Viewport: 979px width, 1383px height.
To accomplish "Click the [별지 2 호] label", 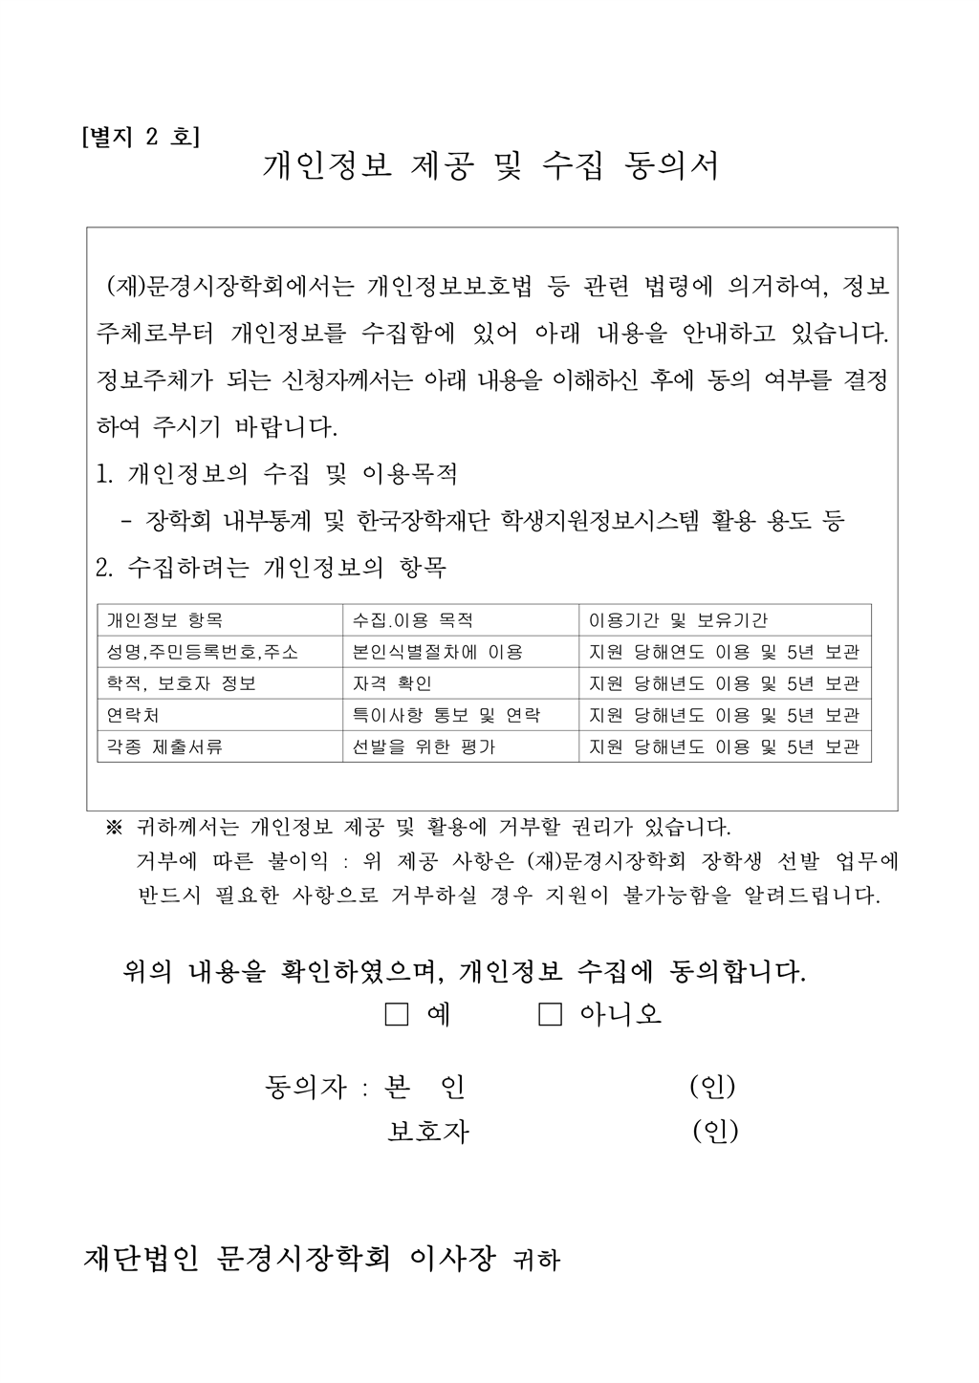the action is pyautogui.click(x=141, y=137).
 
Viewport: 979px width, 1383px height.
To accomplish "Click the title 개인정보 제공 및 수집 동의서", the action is pyautogui.click(x=490, y=166).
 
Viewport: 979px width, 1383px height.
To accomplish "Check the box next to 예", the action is pyautogui.click(x=396, y=1013).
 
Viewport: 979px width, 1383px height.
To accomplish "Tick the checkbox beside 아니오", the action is pyautogui.click(x=550, y=1013).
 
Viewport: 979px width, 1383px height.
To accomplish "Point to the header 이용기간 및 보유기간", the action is pyautogui.click(x=678, y=620).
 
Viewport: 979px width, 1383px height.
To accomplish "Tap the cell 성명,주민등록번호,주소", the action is pyautogui.click(x=202, y=652).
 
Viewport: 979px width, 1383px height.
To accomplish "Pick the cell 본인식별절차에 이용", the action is pyautogui.click(x=438, y=652).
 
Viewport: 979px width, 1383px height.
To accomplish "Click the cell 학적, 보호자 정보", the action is pyautogui.click(x=182, y=683).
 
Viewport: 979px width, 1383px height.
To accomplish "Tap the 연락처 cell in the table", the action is pyautogui.click(x=133, y=715).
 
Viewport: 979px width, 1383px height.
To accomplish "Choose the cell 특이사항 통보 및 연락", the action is pyautogui.click(x=446, y=715).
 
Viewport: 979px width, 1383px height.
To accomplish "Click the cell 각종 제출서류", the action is pyautogui.click(x=164, y=746).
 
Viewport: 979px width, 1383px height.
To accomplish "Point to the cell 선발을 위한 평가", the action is pyautogui.click(x=424, y=746).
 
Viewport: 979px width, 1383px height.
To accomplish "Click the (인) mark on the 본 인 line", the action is pyautogui.click(x=712, y=1087).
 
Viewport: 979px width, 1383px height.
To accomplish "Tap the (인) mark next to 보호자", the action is pyautogui.click(x=715, y=1131).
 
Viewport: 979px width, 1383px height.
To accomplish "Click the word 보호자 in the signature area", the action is pyautogui.click(x=428, y=1132).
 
